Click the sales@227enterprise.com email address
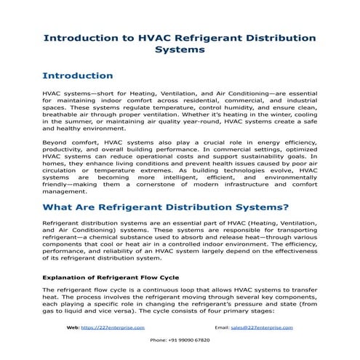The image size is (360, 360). pyautogui.click(x=262, y=328)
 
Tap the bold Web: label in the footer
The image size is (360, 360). pyautogui.click(x=73, y=328)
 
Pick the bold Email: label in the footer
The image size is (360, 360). pyautogui.click(x=224, y=328)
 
